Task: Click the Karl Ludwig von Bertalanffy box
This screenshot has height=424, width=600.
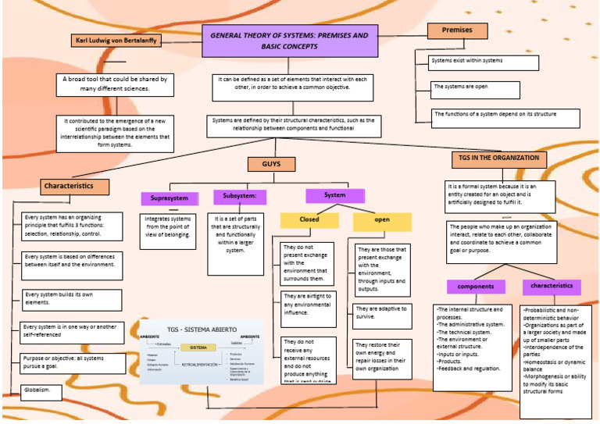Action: click(116, 41)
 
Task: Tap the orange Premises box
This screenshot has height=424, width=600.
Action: click(457, 30)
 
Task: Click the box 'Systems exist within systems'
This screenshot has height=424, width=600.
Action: click(484, 62)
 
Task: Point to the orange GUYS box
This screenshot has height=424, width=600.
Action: click(271, 165)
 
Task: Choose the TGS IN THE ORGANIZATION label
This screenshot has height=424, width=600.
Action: click(499, 159)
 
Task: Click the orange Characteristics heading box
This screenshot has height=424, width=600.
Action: click(74, 187)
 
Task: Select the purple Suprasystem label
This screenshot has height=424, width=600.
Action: click(170, 198)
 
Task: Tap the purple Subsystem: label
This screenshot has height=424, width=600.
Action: click(240, 197)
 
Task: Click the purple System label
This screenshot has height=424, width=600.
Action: click(334, 195)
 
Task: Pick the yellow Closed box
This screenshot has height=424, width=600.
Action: click(309, 220)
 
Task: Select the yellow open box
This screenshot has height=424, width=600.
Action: click(382, 221)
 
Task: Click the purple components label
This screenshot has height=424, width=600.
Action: click(476, 287)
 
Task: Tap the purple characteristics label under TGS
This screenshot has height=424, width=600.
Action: click(552, 286)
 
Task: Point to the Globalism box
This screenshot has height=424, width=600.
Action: click(41, 391)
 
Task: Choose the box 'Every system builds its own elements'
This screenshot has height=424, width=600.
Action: click(70, 300)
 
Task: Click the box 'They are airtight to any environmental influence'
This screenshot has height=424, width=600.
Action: click(308, 305)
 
